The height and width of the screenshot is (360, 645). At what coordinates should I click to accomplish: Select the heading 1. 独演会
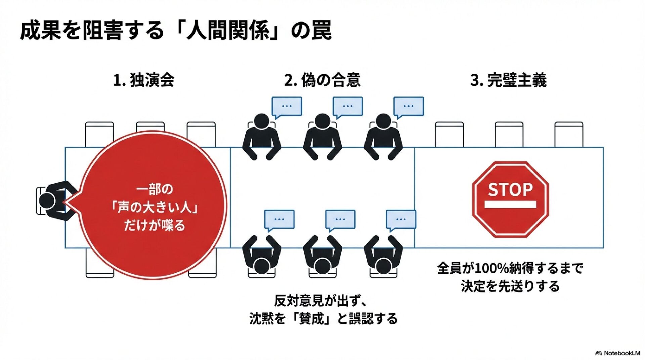pos(143,80)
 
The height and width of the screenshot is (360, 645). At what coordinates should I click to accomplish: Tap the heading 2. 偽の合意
pos(322,80)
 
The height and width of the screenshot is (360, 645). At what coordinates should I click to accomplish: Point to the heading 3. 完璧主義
pos(508,80)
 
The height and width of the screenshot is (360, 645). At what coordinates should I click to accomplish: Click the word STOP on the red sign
pos(510,190)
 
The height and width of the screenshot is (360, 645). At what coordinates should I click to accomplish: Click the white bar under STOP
pos(510,204)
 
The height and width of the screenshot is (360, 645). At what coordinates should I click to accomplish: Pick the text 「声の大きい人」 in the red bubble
pos(155,208)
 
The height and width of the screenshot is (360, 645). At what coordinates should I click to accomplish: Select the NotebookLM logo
pos(617,353)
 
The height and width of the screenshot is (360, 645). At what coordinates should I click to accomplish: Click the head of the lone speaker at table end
pos(47,200)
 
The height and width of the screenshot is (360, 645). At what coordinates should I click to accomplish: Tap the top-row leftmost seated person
pos(261,136)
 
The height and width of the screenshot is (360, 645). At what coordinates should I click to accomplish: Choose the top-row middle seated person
pos(322,136)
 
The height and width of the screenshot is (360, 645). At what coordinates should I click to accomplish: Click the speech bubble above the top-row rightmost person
pos(408,106)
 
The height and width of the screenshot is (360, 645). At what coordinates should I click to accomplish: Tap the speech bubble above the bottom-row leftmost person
pos(279,219)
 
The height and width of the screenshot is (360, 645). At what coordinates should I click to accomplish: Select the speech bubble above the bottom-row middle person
pos(340,219)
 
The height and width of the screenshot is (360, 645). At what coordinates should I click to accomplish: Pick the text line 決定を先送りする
pos(510,286)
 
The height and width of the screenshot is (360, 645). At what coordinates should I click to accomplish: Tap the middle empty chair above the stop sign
pos(509,134)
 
